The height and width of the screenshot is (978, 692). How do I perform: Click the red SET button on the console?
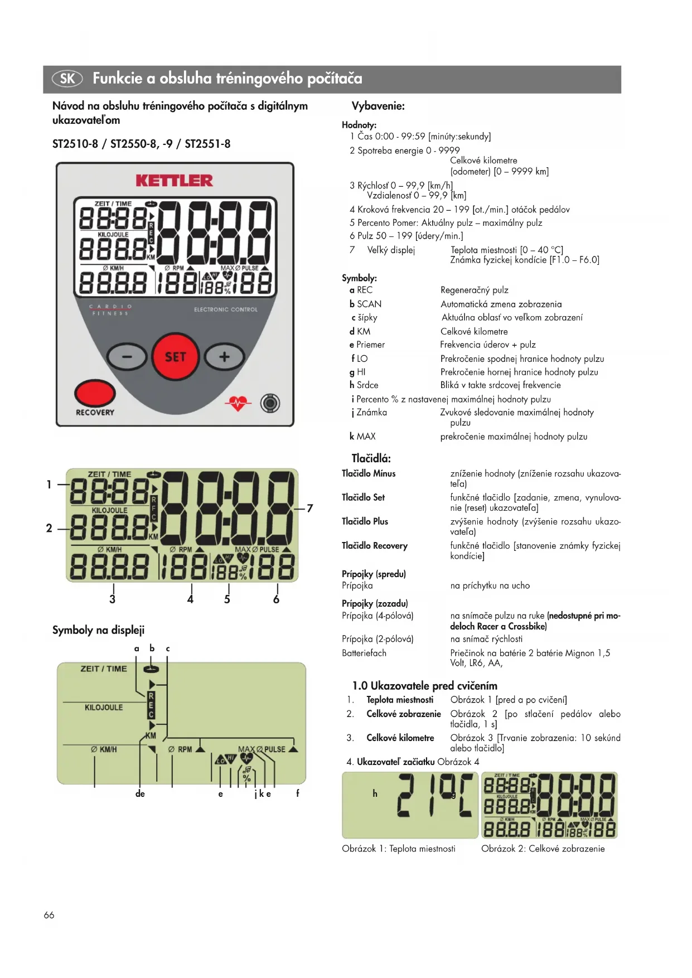[x=175, y=357]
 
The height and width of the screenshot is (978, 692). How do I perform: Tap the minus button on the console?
[x=127, y=357]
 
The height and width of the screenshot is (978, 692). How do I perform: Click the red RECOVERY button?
[x=95, y=393]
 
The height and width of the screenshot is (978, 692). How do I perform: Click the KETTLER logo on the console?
[x=174, y=181]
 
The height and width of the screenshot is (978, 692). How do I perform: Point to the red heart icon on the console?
[x=238, y=403]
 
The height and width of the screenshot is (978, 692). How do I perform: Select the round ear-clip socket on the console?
[x=270, y=403]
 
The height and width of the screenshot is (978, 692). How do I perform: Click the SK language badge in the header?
[x=67, y=79]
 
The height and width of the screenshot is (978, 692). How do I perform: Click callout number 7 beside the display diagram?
[x=310, y=508]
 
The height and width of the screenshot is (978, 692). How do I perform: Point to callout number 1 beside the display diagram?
[x=49, y=485]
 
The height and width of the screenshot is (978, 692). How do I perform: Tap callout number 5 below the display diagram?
[x=227, y=599]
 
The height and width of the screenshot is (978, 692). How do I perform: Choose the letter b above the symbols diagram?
[x=152, y=648]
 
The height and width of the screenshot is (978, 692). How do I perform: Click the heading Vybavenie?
[x=378, y=106]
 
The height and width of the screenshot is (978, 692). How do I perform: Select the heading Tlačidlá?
[x=371, y=458]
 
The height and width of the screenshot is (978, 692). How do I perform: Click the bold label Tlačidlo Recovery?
[x=374, y=545]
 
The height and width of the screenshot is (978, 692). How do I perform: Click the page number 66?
[x=49, y=915]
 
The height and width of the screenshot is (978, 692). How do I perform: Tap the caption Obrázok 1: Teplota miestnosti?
[x=398, y=849]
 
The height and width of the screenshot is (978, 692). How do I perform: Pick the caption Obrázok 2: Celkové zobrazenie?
[x=543, y=849]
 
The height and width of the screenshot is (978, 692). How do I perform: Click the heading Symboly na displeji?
[x=98, y=630]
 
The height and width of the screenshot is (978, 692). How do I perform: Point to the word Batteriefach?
[x=364, y=653]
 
